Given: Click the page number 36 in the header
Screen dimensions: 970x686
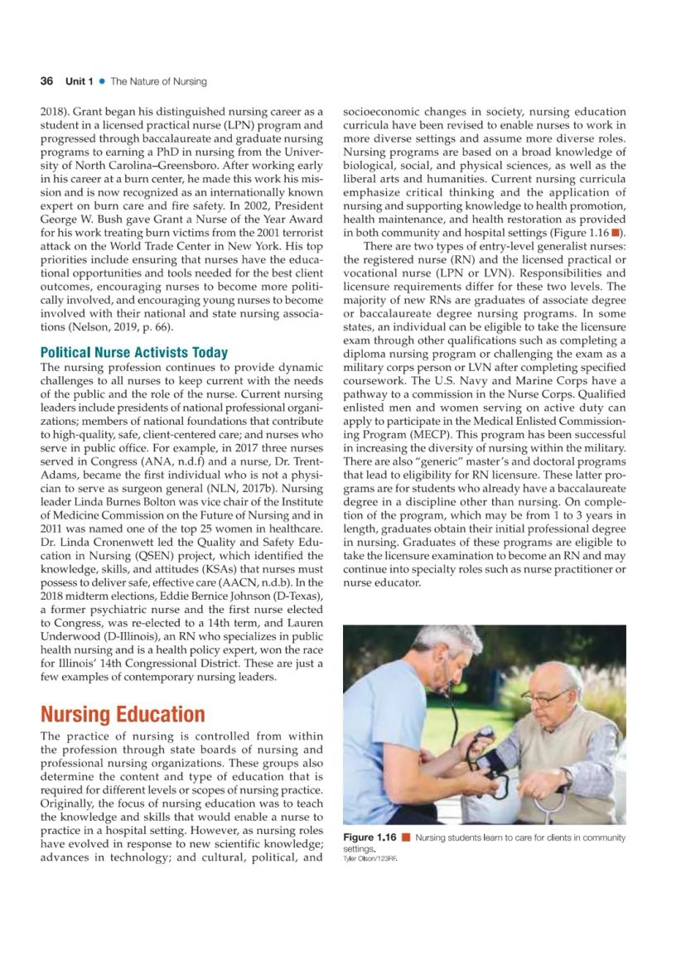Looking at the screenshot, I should (x=46, y=81).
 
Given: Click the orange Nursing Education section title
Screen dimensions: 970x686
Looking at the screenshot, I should (x=123, y=714).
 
